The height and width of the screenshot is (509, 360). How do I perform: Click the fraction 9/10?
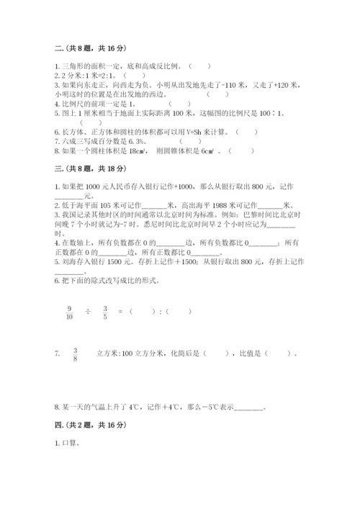coord(69,312)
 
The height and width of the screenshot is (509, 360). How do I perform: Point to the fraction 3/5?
coord(105,312)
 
